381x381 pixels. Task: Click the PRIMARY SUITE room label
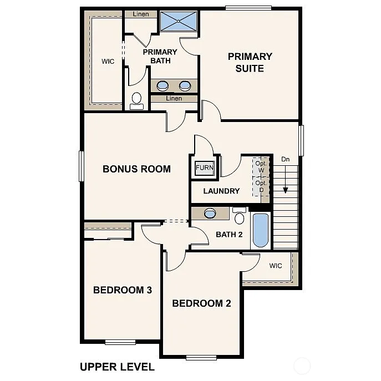coord(250,62)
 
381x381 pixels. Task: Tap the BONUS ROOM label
coord(136,169)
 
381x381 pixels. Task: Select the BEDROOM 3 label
coord(123,290)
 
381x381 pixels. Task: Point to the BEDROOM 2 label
coord(201,303)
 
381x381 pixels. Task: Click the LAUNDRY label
coord(221,191)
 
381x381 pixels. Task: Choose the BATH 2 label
coord(229,234)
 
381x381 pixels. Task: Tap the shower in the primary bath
coord(179,22)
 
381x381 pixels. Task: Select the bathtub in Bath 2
coord(260,230)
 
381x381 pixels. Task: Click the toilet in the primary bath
coord(136,100)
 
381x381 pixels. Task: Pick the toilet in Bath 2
coord(240,216)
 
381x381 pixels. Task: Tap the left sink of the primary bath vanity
coord(163,85)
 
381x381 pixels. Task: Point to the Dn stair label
coord(286,160)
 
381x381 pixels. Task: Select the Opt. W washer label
coord(261,166)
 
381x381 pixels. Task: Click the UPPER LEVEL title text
coord(117,367)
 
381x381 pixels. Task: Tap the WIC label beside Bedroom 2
coord(276,266)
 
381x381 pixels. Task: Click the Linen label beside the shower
coord(141,14)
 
